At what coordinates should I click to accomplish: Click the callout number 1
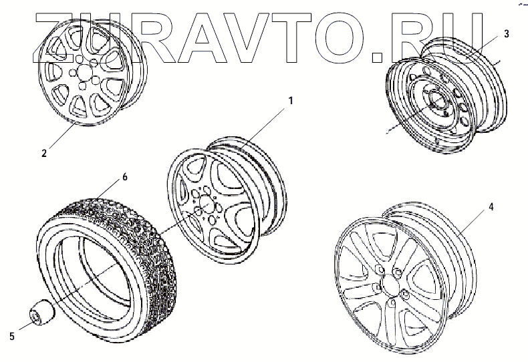click(x=291, y=101)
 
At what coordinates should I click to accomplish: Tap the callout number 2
click(x=43, y=153)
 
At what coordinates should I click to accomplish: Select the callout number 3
click(x=507, y=33)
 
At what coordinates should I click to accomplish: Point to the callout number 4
click(x=491, y=206)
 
